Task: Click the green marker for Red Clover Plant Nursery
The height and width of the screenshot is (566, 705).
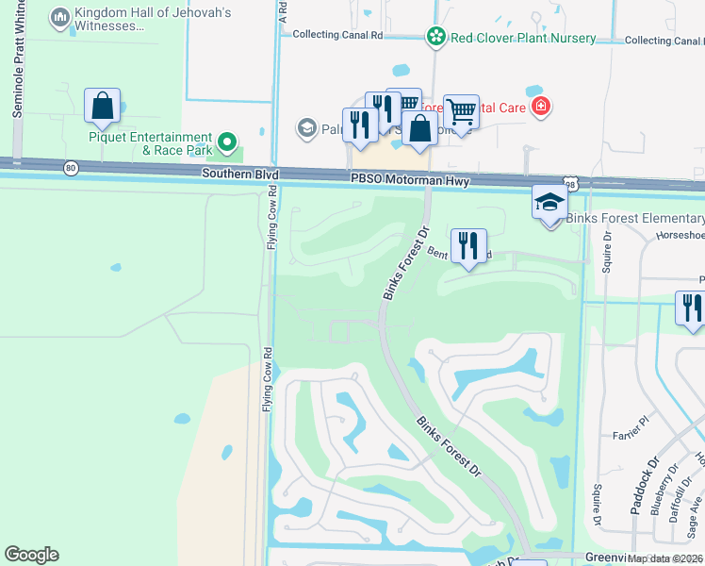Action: [436, 38]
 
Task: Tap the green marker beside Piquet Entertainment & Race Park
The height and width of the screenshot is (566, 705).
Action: [226, 143]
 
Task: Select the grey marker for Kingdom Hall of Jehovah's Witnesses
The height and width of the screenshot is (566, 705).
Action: [60, 18]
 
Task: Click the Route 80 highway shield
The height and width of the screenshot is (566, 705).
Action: [72, 168]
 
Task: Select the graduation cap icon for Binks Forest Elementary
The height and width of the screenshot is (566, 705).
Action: [549, 202]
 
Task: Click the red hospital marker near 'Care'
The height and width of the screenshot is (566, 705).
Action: [541, 107]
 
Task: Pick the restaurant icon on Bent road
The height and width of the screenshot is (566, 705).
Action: [468, 245]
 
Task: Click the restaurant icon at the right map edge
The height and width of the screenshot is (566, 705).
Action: [691, 308]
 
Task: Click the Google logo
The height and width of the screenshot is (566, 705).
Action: [31, 555]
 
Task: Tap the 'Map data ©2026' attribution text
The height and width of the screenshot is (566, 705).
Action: [665, 558]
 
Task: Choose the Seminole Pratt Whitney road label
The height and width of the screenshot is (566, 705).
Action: [17, 66]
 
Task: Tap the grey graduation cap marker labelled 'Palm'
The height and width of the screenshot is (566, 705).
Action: [305, 127]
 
